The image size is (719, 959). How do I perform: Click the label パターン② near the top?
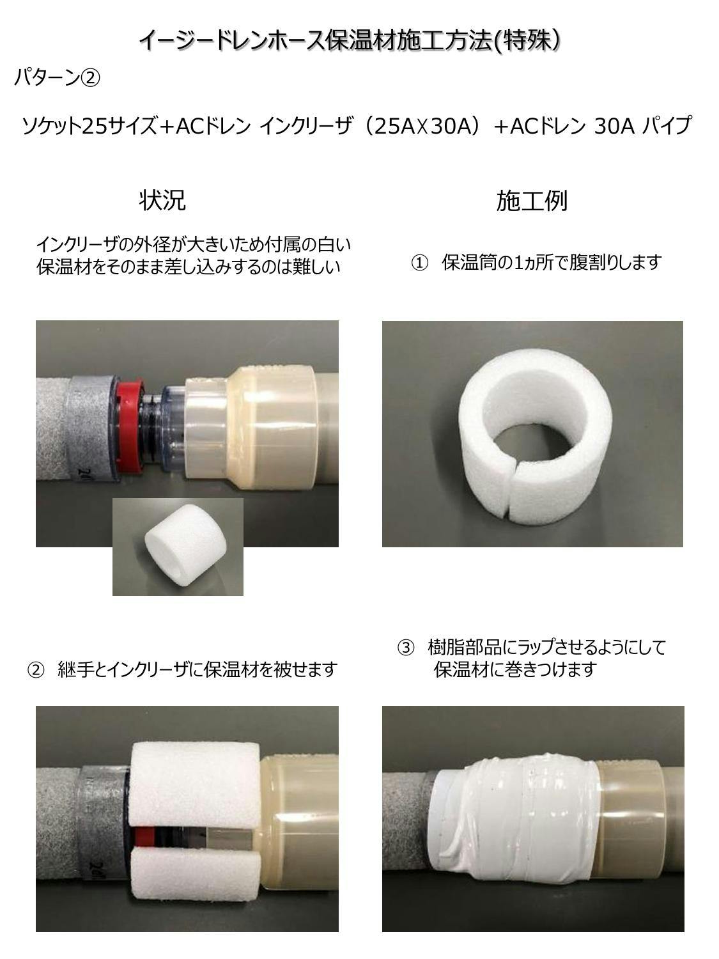[x=57, y=78]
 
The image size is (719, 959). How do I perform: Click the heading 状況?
[x=162, y=201]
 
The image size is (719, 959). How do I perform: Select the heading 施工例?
[x=532, y=201]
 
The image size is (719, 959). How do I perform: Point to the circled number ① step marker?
[x=419, y=263]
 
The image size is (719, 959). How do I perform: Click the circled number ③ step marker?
[x=405, y=648]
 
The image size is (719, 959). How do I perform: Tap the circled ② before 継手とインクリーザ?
[x=36, y=670]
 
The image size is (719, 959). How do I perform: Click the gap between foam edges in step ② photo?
[x=194, y=829]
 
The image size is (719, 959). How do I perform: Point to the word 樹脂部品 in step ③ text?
[x=465, y=648]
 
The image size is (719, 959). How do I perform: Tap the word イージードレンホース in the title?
[x=231, y=41]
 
